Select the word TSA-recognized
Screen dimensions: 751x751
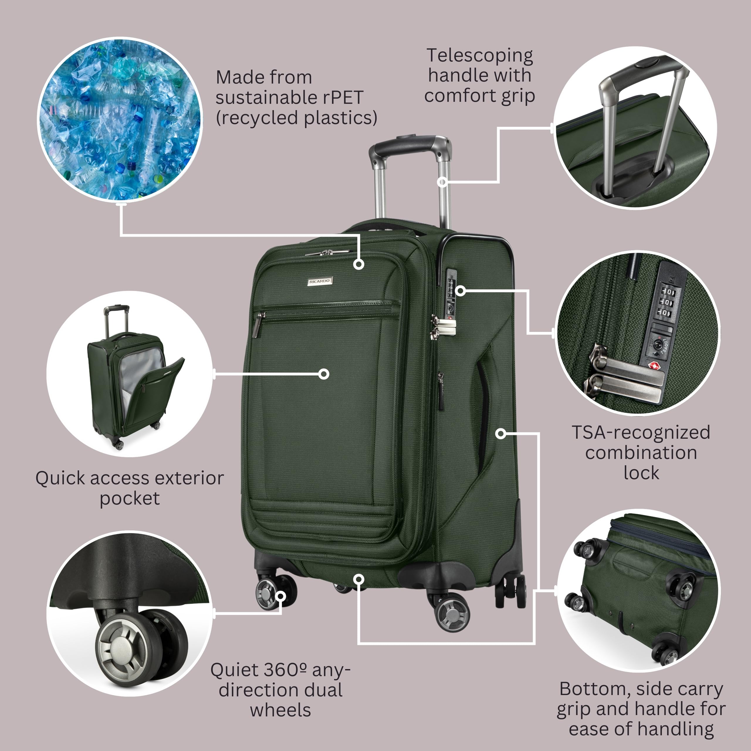tap(641, 432)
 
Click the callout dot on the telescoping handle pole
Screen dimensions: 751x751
tap(442, 182)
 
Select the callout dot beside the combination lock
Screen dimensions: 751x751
tap(460, 290)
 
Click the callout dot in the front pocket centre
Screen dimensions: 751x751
tap(323, 374)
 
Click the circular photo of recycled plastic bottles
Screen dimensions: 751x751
tap(120, 119)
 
